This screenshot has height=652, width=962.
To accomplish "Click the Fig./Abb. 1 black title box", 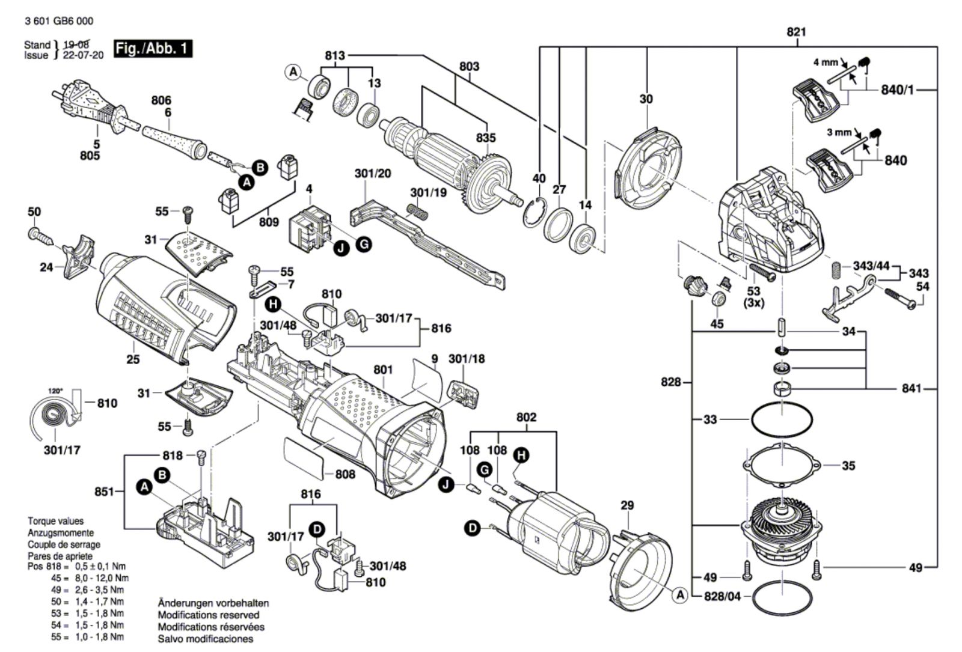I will [x=153, y=49].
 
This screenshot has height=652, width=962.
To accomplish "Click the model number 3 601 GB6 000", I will [x=59, y=21].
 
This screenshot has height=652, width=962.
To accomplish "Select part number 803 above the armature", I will [x=469, y=66].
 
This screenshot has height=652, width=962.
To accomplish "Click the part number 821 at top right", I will [x=796, y=32].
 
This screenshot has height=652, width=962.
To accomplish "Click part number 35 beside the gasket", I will [x=848, y=465].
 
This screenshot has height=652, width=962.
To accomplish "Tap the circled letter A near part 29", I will [x=681, y=595].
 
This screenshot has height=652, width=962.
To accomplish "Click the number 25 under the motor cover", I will [x=133, y=359].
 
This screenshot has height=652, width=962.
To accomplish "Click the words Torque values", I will [x=55, y=521].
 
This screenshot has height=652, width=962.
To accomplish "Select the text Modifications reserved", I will [x=208, y=615].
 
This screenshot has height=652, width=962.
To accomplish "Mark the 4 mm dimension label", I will [x=825, y=62].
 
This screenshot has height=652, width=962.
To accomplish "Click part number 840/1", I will [x=897, y=90].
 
